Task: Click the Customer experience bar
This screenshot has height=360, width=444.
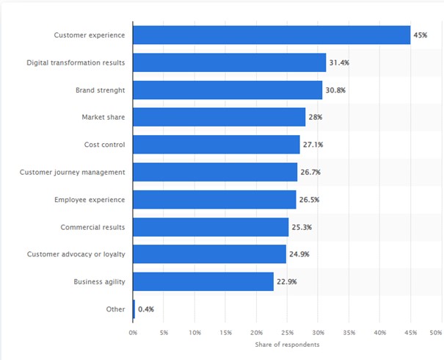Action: (272, 35)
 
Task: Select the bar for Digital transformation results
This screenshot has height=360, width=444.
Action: (229, 62)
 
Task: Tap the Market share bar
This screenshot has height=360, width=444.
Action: (219, 118)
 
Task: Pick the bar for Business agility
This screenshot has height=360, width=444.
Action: (203, 281)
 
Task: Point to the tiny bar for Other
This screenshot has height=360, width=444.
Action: (134, 309)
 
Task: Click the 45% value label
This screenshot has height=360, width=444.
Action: (421, 35)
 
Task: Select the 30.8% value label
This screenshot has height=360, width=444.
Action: (335, 90)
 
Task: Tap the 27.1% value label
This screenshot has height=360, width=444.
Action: (313, 145)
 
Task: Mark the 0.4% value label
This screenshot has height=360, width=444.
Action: (146, 309)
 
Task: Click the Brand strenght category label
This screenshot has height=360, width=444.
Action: (100, 90)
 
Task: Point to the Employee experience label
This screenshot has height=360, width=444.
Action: (90, 200)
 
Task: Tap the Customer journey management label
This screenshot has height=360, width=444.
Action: (73, 172)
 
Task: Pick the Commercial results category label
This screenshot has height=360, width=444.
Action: (92, 227)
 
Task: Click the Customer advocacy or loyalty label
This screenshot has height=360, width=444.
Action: (76, 254)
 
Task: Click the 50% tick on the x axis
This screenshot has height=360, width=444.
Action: (436, 333)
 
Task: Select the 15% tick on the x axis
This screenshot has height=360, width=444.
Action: (225, 333)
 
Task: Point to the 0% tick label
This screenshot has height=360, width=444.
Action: (133, 333)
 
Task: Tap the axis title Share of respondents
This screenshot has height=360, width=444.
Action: (287, 345)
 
